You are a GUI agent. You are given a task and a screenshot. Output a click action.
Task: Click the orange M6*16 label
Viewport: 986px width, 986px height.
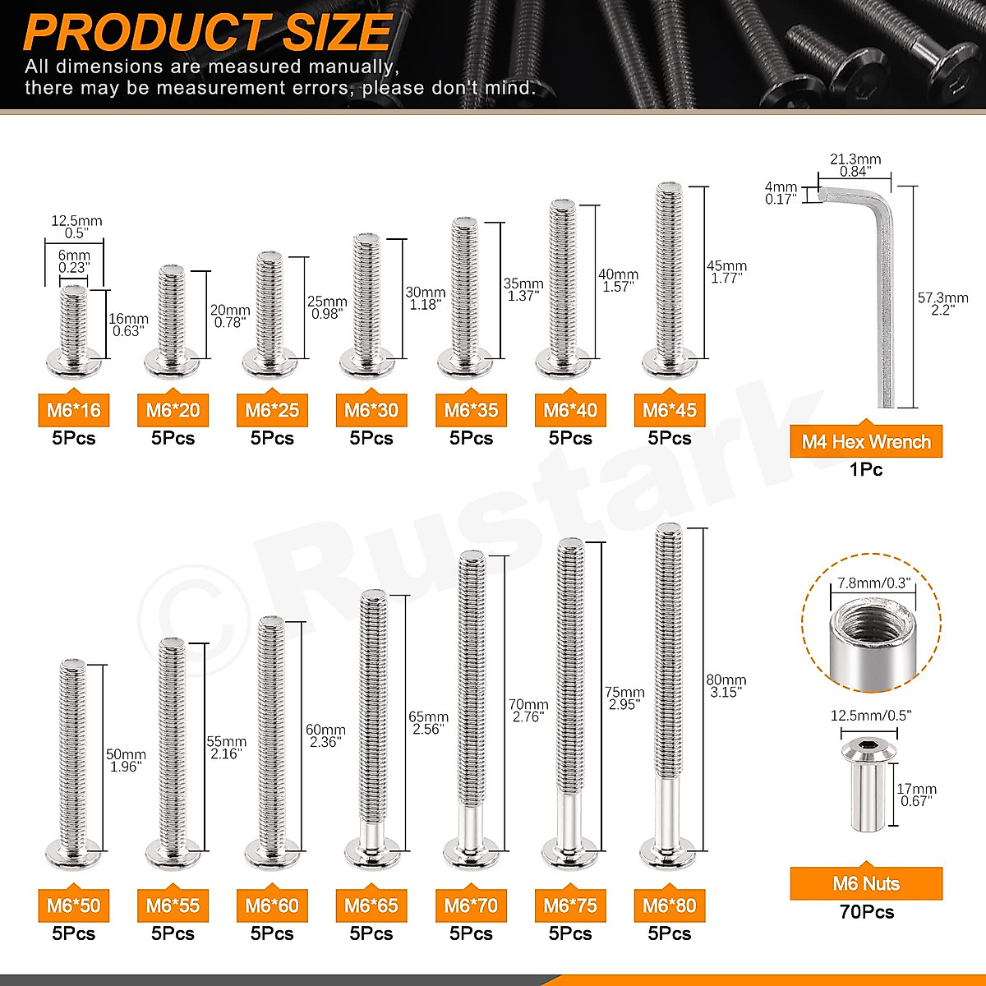click(73, 410)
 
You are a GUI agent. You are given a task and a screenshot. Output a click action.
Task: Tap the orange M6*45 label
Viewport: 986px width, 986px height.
click(670, 410)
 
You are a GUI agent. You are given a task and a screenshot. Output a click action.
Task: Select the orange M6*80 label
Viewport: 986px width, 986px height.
click(670, 905)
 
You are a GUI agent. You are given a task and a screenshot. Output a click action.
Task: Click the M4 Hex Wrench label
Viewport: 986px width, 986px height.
click(866, 442)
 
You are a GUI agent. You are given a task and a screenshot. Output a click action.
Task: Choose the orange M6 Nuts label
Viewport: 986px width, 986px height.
click(866, 884)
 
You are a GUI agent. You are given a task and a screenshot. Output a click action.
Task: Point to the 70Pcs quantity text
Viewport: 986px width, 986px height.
click(866, 912)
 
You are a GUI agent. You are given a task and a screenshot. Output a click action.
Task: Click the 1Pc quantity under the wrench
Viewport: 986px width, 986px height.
click(866, 470)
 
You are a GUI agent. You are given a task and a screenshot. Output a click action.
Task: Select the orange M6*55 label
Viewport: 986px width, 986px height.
click(173, 905)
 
